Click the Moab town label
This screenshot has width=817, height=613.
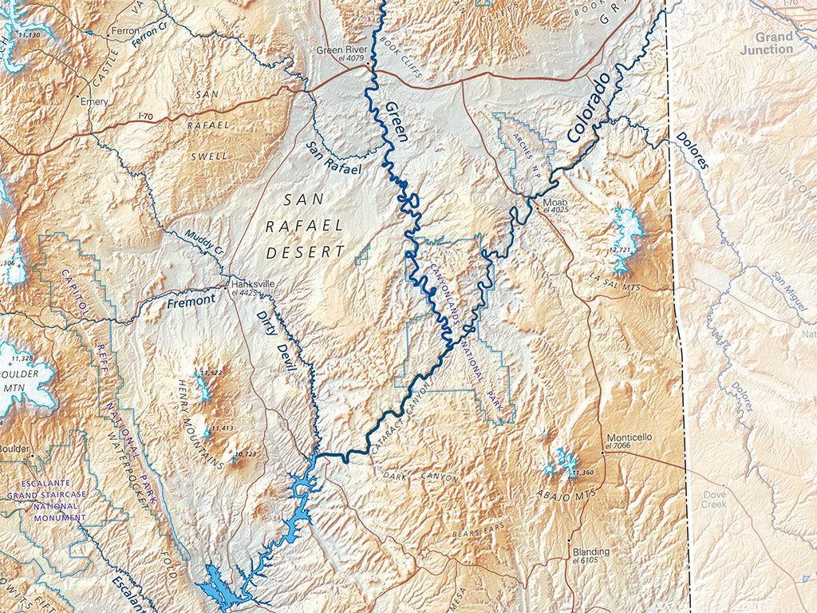pos(555,202)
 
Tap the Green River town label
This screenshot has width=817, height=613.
pos(341,49)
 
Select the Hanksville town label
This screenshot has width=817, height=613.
pos(252,283)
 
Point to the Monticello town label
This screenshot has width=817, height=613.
pos(629,437)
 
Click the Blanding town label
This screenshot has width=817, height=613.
pos(590,552)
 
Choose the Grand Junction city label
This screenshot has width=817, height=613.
pos(774,43)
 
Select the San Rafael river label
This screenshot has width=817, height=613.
pos(334,157)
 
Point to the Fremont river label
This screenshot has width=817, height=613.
pos(191,301)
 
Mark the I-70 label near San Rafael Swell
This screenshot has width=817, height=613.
pos(145,117)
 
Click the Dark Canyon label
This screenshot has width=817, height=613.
pos(420,477)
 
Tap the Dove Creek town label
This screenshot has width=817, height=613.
pos(714,499)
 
